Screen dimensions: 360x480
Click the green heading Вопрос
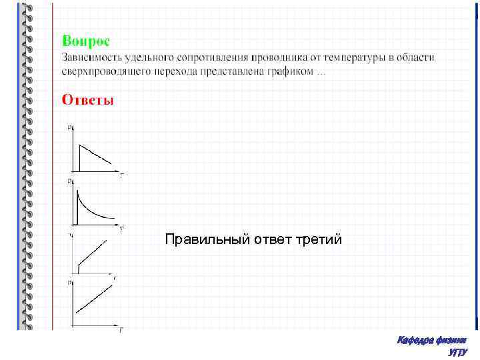[x=86, y=41]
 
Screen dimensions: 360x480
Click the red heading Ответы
[x=88, y=100]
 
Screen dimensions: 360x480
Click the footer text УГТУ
[x=458, y=352]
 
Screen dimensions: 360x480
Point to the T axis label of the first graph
[x=122, y=175]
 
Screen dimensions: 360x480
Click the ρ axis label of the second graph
[x=69, y=181]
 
